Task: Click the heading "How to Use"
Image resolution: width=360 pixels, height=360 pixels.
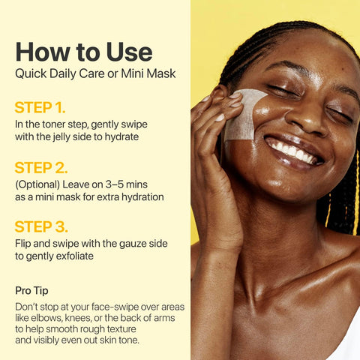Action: (83, 52)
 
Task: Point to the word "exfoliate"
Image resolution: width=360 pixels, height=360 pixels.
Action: (76, 257)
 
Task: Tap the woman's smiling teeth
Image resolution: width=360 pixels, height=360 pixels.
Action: (294, 151)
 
